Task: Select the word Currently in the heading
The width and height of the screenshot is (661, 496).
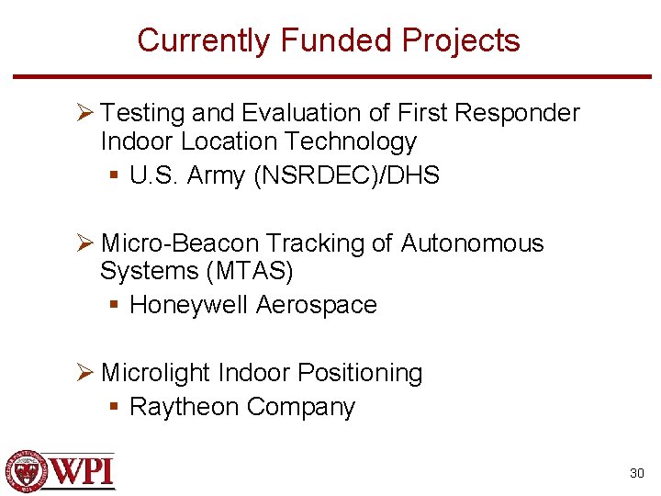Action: pos(205,40)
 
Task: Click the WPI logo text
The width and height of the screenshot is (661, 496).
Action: pos(83,471)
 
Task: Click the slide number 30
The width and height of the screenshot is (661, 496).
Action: pos(636,473)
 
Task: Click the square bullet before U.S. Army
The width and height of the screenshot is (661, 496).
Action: pos(114,175)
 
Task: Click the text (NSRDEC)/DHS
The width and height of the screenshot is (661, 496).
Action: pos(346,175)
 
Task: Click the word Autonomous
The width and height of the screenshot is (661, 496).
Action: pos(472,243)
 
